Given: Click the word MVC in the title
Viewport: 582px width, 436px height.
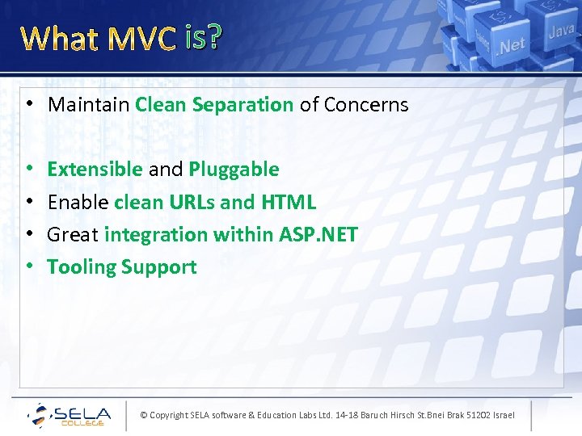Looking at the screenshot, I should (x=142, y=38).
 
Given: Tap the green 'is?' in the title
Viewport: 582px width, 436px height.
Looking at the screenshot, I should (x=202, y=37).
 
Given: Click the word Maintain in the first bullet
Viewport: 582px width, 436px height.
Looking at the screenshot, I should (x=89, y=104).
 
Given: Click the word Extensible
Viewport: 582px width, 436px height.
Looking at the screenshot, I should (x=95, y=169).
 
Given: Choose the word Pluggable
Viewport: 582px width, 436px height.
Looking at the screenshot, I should (x=234, y=169).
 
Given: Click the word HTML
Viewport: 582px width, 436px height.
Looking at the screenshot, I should (x=289, y=202).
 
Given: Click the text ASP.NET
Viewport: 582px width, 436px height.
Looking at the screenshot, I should (x=318, y=234).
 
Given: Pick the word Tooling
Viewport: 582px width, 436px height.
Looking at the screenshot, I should (x=80, y=267).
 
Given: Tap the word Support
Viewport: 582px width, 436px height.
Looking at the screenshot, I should (x=158, y=267).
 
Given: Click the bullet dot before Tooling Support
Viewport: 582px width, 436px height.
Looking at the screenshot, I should (x=28, y=267).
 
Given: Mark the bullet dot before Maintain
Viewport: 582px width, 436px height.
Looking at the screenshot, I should (x=28, y=104).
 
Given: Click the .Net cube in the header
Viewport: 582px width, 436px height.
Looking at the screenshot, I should (x=511, y=44).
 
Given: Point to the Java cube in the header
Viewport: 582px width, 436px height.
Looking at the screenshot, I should (x=561, y=32).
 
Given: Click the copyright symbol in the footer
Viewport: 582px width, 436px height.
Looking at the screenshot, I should (x=144, y=415).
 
